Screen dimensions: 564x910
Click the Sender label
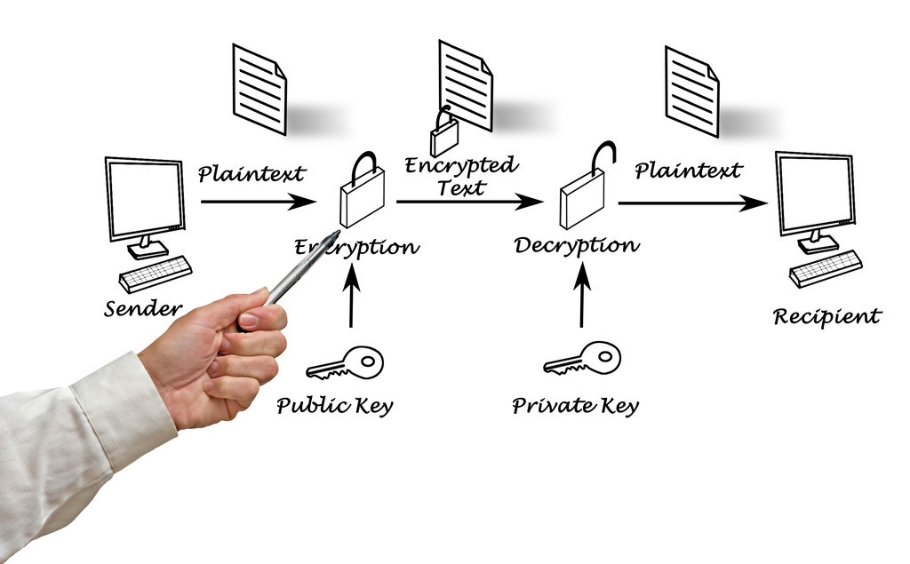click(x=142, y=309)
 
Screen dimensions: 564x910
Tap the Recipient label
click(x=826, y=316)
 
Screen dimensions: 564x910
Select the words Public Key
click(x=334, y=406)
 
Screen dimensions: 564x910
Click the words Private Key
click(x=575, y=406)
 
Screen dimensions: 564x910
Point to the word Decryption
click(x=576, y=244)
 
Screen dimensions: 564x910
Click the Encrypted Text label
click(x=460, y=176)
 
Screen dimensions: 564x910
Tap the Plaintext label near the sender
click(x=251, y=173)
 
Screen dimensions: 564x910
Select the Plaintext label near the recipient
click(x=688, y=171)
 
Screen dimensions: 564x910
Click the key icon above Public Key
click(x=345, y=363)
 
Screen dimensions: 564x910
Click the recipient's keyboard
click(x=826, y=267)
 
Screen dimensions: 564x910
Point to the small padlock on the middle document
click(x=443, y=135)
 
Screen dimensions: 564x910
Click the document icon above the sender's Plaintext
click(x=259, y=88)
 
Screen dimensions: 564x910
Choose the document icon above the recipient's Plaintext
click(x=691, y=90)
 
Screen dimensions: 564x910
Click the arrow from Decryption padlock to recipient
click(x=692, y=203)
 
